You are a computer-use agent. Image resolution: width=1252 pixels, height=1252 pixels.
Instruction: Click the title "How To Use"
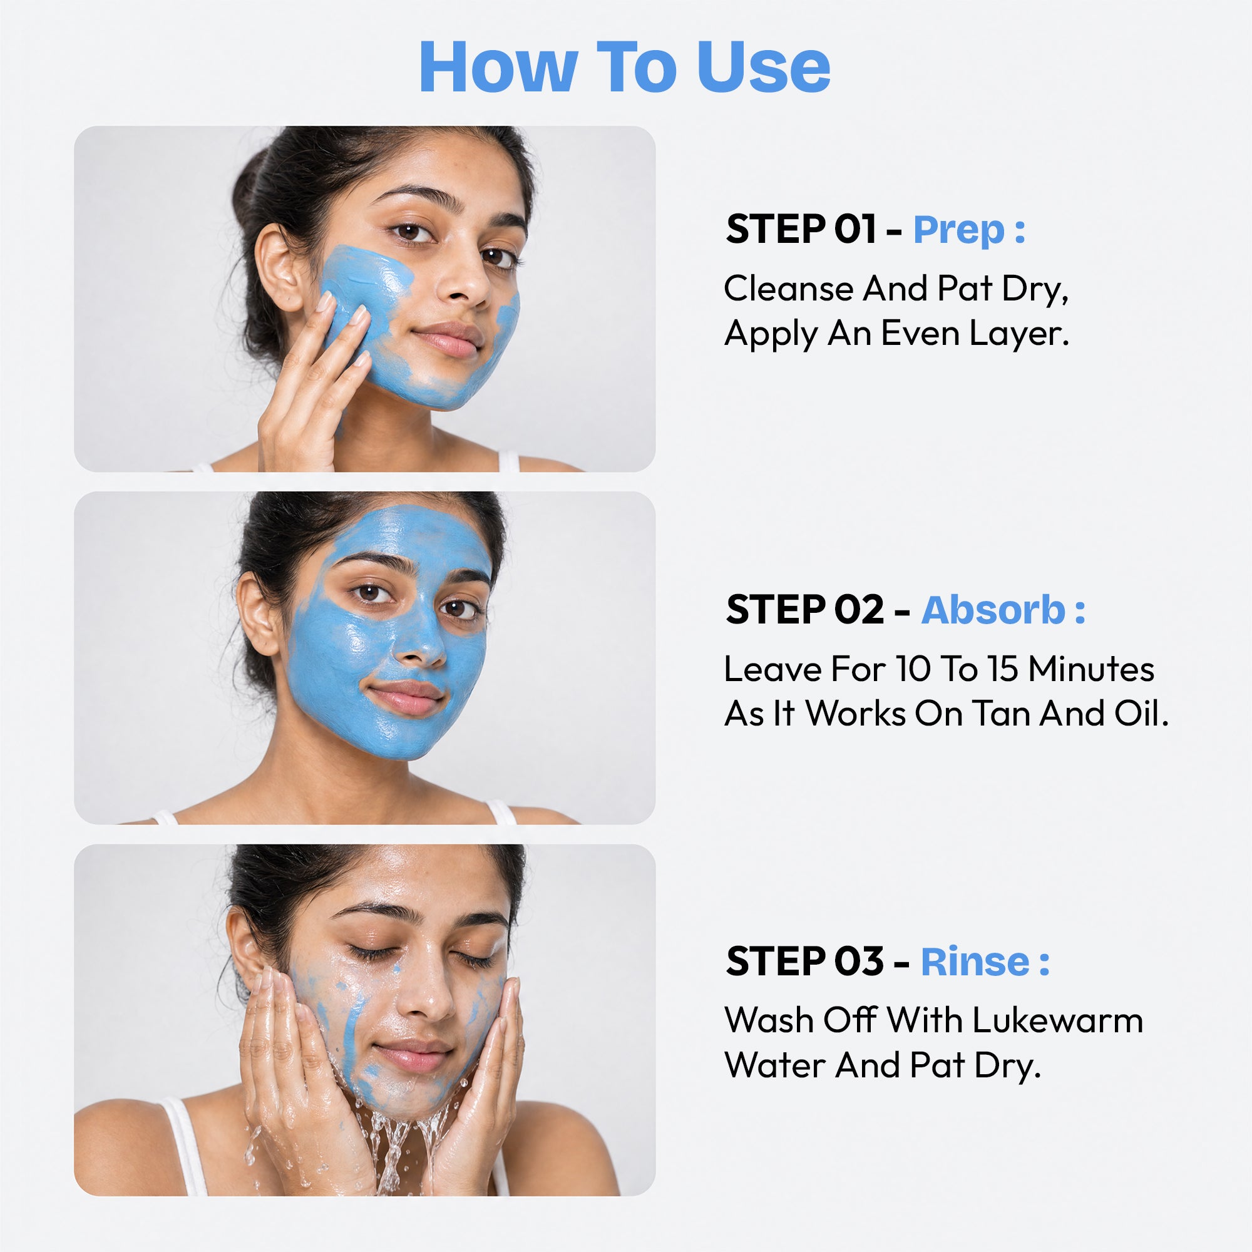(x=625, y=68)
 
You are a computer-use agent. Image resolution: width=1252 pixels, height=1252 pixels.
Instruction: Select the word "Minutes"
(x=1091, y=669)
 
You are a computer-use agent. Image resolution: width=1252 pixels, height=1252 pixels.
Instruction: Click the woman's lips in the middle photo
(x=405, y=698)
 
